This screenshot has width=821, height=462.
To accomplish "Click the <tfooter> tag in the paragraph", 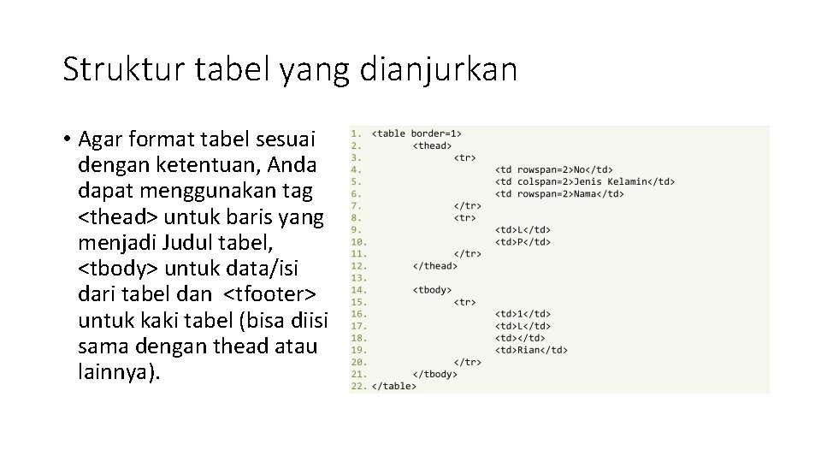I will coord(273,295).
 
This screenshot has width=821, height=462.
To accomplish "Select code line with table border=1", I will coord(416,133).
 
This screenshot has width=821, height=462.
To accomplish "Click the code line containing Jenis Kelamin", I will coord(585,181).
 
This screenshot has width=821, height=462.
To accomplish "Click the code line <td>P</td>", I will coord(523,242).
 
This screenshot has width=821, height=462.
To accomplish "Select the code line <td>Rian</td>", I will coord(531,350).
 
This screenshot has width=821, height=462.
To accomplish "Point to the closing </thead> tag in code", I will coord(434,266).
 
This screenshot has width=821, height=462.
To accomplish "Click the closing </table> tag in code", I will coord(393,386).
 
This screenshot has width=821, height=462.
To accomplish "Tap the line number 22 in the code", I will coord(357,386).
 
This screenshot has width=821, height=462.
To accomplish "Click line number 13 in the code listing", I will coord(357,278).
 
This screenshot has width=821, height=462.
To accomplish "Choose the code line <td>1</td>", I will coord(523,314).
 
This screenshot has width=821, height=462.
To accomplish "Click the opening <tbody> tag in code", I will coord(432,290).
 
